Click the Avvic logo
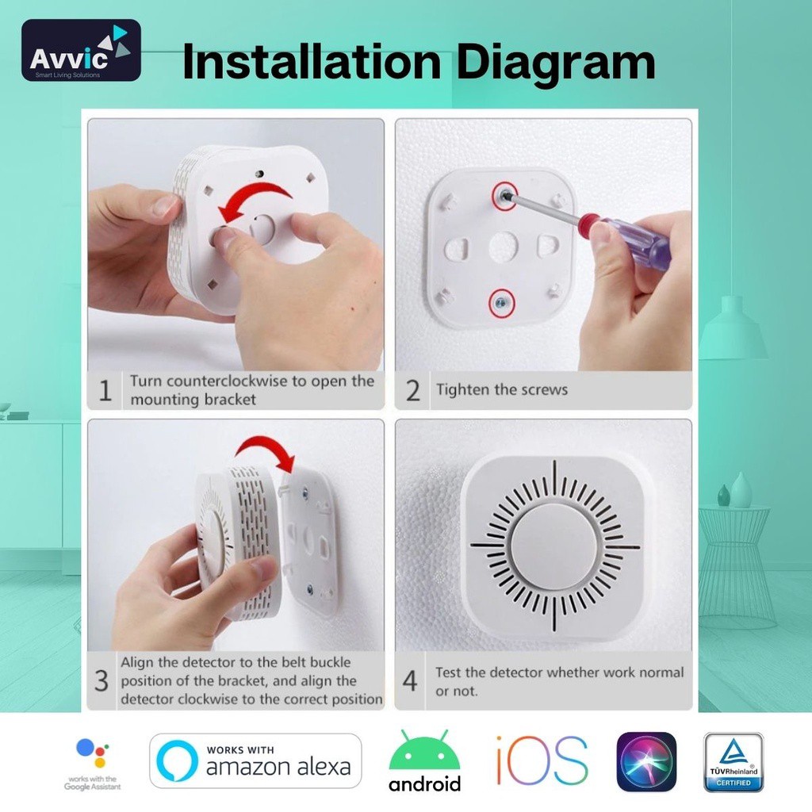(81, 50)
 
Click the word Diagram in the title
(555, 63)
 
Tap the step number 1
(105, 390)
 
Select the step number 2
(412, 390)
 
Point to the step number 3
(101, 680)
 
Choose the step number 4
(410, 680)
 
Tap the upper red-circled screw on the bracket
(504, 196)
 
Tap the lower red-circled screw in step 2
(501, 303)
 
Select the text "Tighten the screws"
(502, 389)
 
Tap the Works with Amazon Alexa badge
(255, 760)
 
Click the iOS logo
(542, 760)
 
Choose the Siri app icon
(646, 762)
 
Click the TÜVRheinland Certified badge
(733, 762)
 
